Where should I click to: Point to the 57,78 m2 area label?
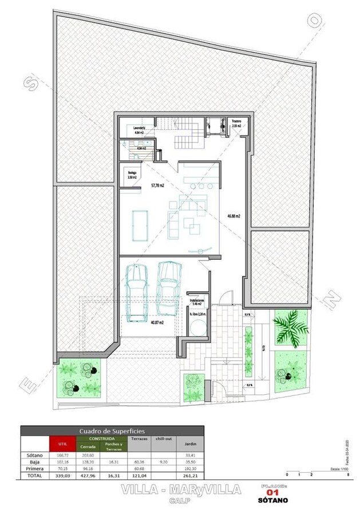157,186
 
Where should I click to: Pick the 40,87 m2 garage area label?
157,323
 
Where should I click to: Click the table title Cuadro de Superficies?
112,430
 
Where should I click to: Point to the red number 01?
272,493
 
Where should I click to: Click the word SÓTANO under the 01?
272,501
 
